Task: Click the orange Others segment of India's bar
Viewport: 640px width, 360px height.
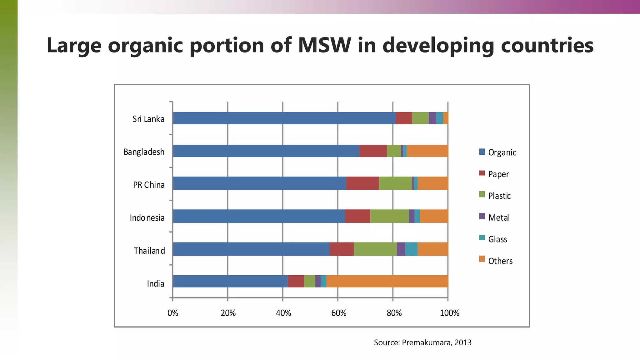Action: pyautogui.click(x=387, y=281)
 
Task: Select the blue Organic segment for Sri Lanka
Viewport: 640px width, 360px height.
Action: pyautogui.click(x=284, y=118)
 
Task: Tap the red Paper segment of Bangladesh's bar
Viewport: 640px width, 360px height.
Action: pyautogui.click(x=373, y=151)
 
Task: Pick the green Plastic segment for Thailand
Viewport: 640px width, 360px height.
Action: pyautogui.click(x=375, y=249)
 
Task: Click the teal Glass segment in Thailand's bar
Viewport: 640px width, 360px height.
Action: pyautogui.click(x=411, y=249)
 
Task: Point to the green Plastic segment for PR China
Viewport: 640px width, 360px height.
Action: pyautogui.click(x=395, y=183)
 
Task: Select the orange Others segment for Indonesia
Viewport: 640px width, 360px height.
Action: pyautogui.click(x=434, y=216)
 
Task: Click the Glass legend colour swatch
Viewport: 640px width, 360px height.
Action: pyautogui.click(x=482, y=237)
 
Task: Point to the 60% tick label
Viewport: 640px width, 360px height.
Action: pyautogui.click(x=339, y=313)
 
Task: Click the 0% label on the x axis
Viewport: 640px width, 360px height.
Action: pyautogui.click(x=173, y=313)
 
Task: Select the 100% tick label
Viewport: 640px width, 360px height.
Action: pyautogui.click(x=449, y=313)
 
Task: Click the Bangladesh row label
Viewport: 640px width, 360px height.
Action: pyautogui.click(x=144, y=152)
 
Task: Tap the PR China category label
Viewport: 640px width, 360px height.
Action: pyautogui.click(x=149, y=185)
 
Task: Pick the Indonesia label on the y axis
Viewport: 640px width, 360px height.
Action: pyautogui.click(x=147, y=218)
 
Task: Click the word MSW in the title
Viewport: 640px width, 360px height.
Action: pyautogui.click(x=325, y=45)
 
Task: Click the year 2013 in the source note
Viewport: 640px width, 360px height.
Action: pyautogui.click(x=463, y=342)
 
